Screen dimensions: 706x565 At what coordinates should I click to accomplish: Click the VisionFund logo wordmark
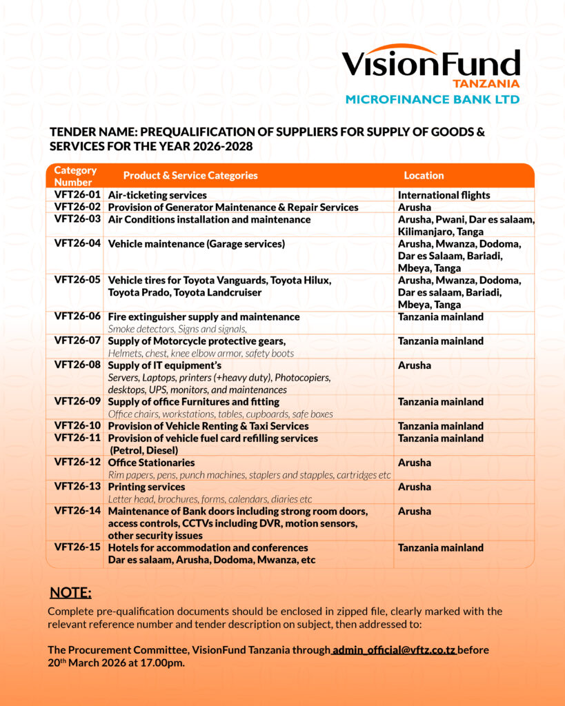(x=430, y=63)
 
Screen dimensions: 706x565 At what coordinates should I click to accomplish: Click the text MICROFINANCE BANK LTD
(x=432, y=99)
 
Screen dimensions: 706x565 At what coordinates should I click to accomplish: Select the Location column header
(x=424, y=175)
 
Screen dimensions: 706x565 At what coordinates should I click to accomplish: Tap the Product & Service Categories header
(x=190, y=175)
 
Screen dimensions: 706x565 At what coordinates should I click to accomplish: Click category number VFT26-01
(x=77, y=195)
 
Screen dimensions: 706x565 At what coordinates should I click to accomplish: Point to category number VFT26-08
(x=77, y=365)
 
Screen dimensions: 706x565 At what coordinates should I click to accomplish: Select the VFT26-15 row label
(x=77, y=547)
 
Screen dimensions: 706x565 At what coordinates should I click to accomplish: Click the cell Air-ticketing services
(x=157, y=195)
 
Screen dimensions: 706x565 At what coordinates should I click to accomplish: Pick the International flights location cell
(x=444, y=195)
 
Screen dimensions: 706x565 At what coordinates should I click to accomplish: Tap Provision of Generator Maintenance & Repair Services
(x=233, y=207)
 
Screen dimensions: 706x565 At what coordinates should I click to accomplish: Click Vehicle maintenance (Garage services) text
(x=196, y=243)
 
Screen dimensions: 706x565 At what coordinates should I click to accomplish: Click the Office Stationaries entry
(x=151, y=463)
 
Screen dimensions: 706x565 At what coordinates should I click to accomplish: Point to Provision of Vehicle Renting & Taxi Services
(x=208, y=426)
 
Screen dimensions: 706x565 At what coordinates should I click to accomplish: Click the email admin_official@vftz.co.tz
(x=394, y=650)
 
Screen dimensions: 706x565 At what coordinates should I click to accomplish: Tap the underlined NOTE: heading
(x=70, y=593)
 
